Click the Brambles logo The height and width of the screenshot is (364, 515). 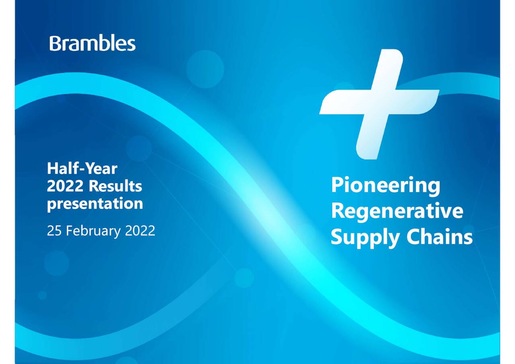click(x=93, y=43)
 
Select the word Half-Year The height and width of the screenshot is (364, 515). click(x=82, y=169)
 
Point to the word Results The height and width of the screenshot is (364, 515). click(x=115, y=186)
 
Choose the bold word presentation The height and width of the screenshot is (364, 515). click(x=95, y=204)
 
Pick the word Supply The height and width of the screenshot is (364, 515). click(x=365, y=238)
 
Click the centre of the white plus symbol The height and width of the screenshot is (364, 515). click(x=379, y=102)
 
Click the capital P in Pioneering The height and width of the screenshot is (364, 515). click(x=337, y=186)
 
